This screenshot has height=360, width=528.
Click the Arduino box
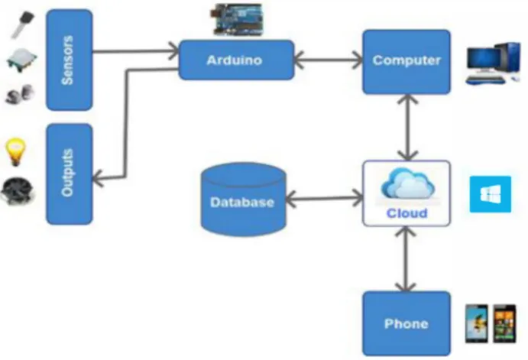(236, 60)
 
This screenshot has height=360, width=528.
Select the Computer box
(407, 62)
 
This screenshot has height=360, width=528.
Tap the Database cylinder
(244, 199)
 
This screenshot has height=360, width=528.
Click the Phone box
(407, 323)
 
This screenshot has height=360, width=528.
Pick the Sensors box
(69, 60)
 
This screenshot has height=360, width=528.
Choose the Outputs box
(69, 174)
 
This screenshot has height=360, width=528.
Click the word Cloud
(407, 213)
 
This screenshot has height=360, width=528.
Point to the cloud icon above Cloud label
(407, 183)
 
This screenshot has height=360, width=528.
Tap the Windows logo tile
(491, 194)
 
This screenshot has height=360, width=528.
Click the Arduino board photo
(237, 20)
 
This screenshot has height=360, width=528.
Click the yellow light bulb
(15, 152)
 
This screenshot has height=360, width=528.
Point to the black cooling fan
(18, 191)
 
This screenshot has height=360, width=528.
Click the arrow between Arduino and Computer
(329, 60)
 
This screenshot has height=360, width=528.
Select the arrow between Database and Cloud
(324, 199)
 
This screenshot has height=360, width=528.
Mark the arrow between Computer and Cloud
(407, 128)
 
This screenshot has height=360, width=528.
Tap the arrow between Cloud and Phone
(406, 258)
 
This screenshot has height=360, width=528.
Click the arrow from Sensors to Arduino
(136, 51)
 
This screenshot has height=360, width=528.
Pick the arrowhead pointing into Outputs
(98, 177)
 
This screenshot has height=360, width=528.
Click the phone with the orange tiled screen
(505, 323)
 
